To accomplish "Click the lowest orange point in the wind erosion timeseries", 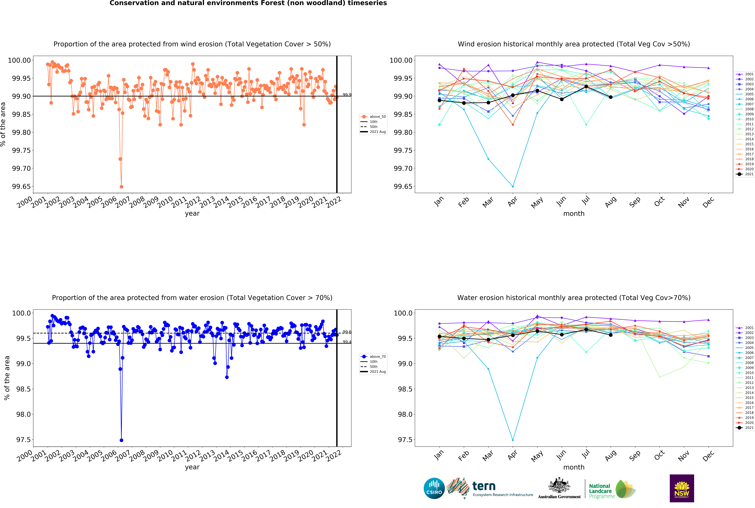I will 121,187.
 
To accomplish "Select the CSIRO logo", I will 434,488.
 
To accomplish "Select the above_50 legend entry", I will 373,117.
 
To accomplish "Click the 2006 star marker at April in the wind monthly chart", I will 513,187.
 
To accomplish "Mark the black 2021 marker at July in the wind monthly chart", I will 586,87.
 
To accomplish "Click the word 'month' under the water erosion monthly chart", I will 574,467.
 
